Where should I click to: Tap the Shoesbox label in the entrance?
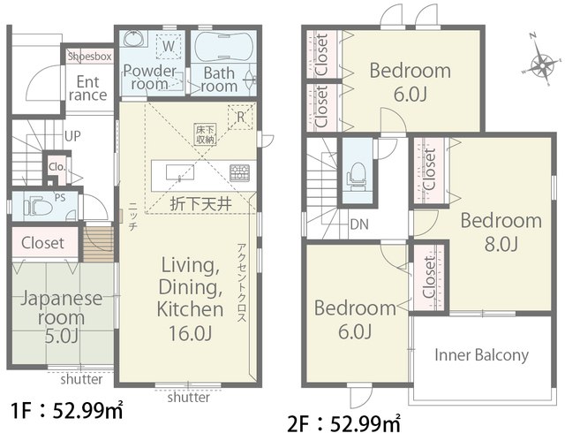[x=90, y=57]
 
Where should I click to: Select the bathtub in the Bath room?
[x=223, y=46]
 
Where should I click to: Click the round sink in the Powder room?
[x=134, y=38]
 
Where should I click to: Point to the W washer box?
[x=169, y=46]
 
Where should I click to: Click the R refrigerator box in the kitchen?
[x=240, y=117]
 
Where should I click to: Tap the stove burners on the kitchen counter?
[x=239, y=173]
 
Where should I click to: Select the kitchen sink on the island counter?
[x=180, y=172]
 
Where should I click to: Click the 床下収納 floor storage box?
[x=206, y=134]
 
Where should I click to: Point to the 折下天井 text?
[x=200, y=205]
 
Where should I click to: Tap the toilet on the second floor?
[x=357, y=176]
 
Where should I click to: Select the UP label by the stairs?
[x=72, y=136]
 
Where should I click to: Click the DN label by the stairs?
[x=359, y=224]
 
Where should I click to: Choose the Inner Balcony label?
[x=481, y=355]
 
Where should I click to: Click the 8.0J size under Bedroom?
[x=501, y=244]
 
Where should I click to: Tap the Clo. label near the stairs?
[x=56, y=167]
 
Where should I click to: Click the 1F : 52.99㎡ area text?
[x=67, y=411]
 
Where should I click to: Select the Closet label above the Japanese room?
[x=42, y=242]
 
